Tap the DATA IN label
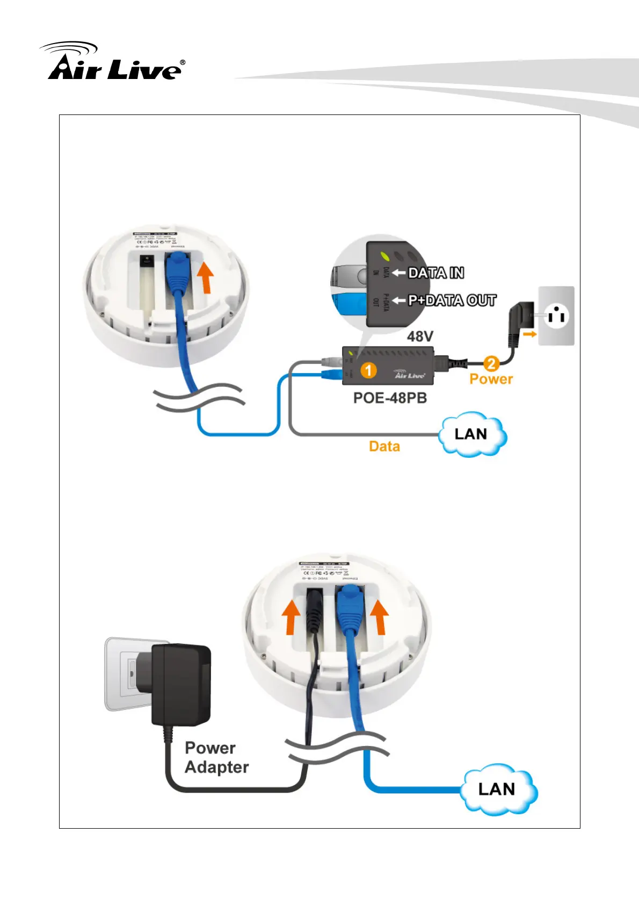(435, 273)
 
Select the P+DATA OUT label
(452, 300)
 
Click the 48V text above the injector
(420, 336)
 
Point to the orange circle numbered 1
(368, 370)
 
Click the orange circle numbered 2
(491, 364)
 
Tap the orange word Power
(491, 379)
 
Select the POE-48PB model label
(390, 398)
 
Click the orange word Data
(384, 446)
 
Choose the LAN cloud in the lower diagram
(498, 789)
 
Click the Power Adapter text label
(216, 758)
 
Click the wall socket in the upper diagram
(556, 315)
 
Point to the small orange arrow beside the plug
(530, 334)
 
